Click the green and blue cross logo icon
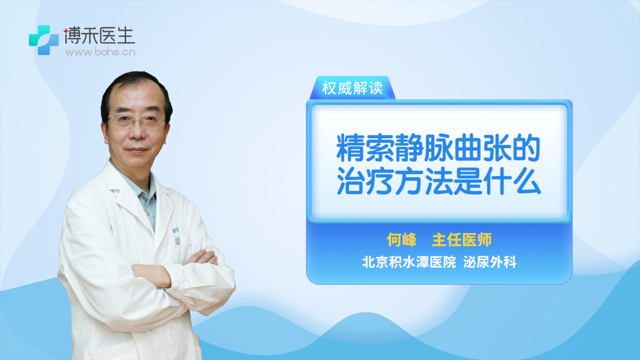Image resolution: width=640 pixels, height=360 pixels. point(44,40)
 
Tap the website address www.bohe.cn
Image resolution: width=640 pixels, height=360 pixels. point(100,52)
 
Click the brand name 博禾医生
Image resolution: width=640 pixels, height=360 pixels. point(99,36)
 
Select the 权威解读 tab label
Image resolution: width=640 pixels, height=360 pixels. point(352,88)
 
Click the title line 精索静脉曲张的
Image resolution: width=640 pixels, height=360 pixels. point(438,148)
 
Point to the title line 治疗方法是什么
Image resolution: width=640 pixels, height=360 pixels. point(439,181)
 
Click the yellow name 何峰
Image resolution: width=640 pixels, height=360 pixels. point(402,240)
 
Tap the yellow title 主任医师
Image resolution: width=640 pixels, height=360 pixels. point(462,240)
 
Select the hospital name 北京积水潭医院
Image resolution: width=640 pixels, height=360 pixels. point(409,262)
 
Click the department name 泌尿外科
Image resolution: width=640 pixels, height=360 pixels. point(490,262)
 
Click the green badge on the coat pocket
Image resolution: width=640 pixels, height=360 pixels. point(178,242)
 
